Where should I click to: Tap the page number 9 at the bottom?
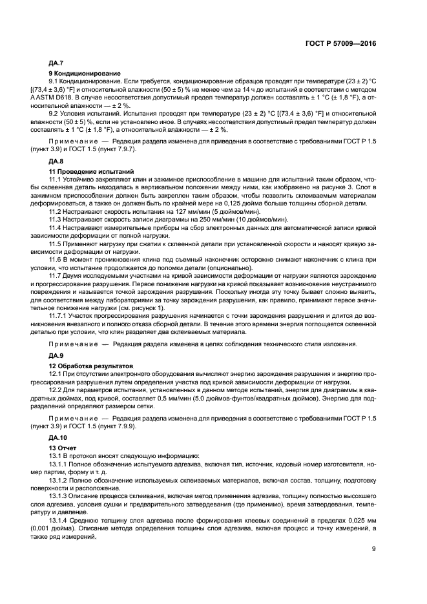[374, 550]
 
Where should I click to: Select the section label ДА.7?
[56, 64]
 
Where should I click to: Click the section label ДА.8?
[56, 160]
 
